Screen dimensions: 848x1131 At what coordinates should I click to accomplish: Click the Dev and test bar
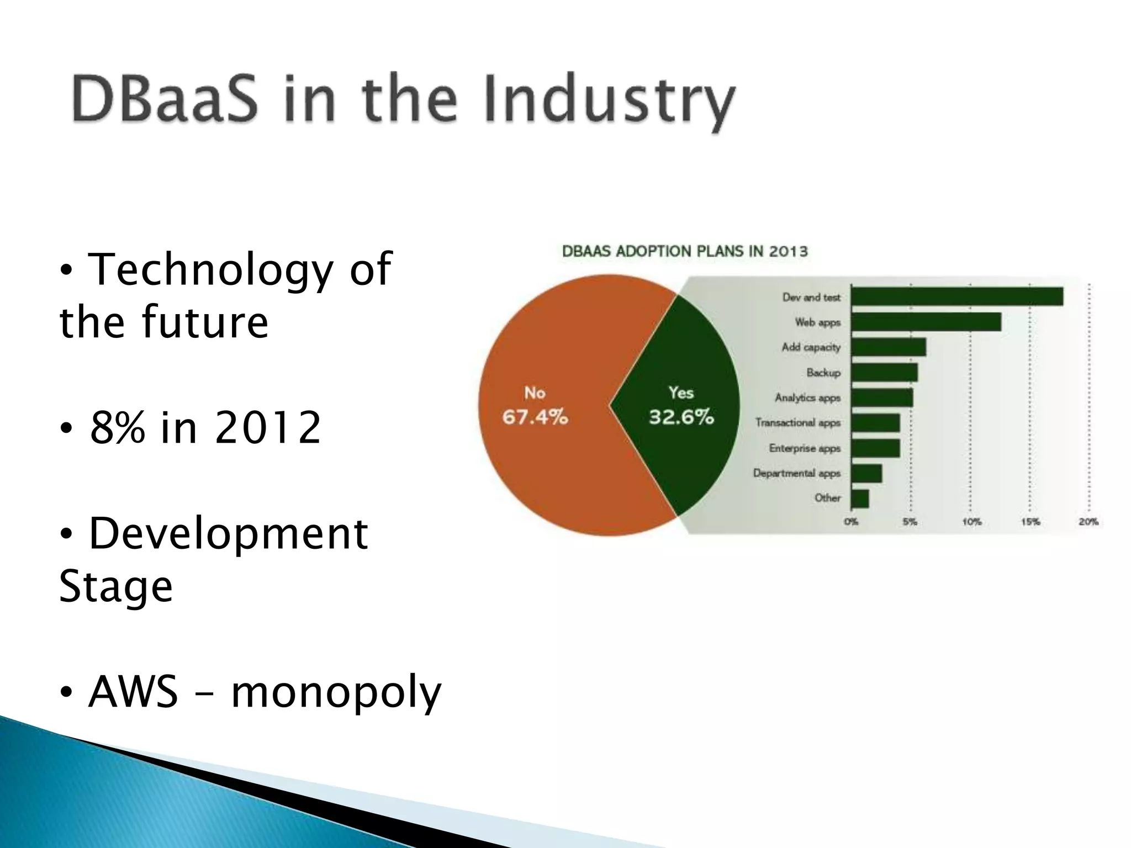[956, 296]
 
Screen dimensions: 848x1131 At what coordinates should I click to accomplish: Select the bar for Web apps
[926, 322]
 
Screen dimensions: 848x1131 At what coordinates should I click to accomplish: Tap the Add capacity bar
[888, 347]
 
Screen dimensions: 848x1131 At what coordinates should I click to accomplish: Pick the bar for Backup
[884, 373]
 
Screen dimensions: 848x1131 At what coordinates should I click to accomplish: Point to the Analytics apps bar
[882, 397]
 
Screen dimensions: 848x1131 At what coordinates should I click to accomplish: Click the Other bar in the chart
[860, 499]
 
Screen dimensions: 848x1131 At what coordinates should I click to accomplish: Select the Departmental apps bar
[866, 473]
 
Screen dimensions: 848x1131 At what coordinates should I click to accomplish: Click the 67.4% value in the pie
[535, 417]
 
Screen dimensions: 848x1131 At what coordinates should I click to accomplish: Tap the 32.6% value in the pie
[681, 417]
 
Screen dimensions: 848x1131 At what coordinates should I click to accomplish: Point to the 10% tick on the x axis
[971, 522]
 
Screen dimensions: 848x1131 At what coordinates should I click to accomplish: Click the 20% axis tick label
[1088, 522]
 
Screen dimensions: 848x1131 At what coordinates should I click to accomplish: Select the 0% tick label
[851, 522]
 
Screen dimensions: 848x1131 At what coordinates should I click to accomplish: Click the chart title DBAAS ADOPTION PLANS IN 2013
[685, 251]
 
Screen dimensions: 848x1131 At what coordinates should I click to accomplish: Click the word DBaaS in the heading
[165, 99]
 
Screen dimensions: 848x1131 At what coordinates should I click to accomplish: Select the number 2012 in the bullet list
[267, 427]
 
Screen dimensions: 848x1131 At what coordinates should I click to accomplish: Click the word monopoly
[336, 692]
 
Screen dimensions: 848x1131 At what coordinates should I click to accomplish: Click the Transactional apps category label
[797, 423]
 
